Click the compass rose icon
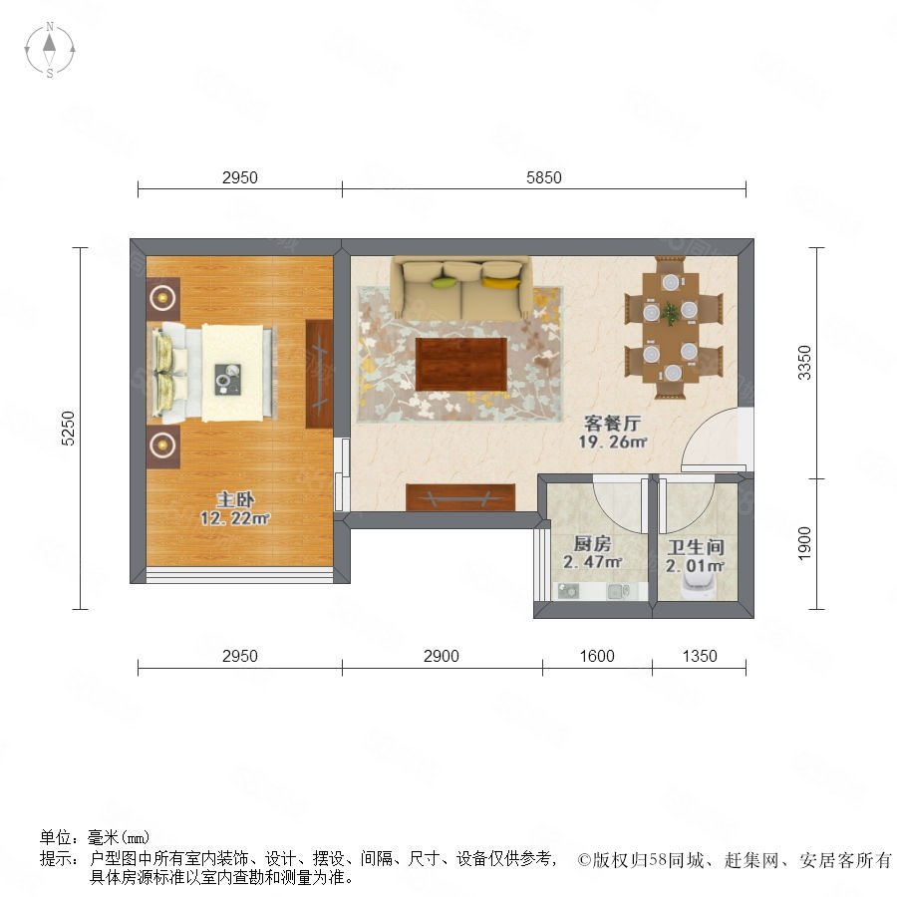pos(50,50)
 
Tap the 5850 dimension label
pos(543,178)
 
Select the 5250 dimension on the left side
pos(68,428)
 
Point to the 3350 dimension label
pos(804,363)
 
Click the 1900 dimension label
pos(804,543)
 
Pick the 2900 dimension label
pos(442,656)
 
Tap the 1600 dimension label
pos(597,656)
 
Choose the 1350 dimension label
pos(699,656)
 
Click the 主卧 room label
pos(235,500)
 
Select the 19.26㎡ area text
pos(612,443)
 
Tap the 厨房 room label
pos(592,543)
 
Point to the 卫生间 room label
pos(695,547)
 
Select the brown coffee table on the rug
pos(461,365)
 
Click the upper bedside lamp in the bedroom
pos(163,297)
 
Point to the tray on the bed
pos(228,379)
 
